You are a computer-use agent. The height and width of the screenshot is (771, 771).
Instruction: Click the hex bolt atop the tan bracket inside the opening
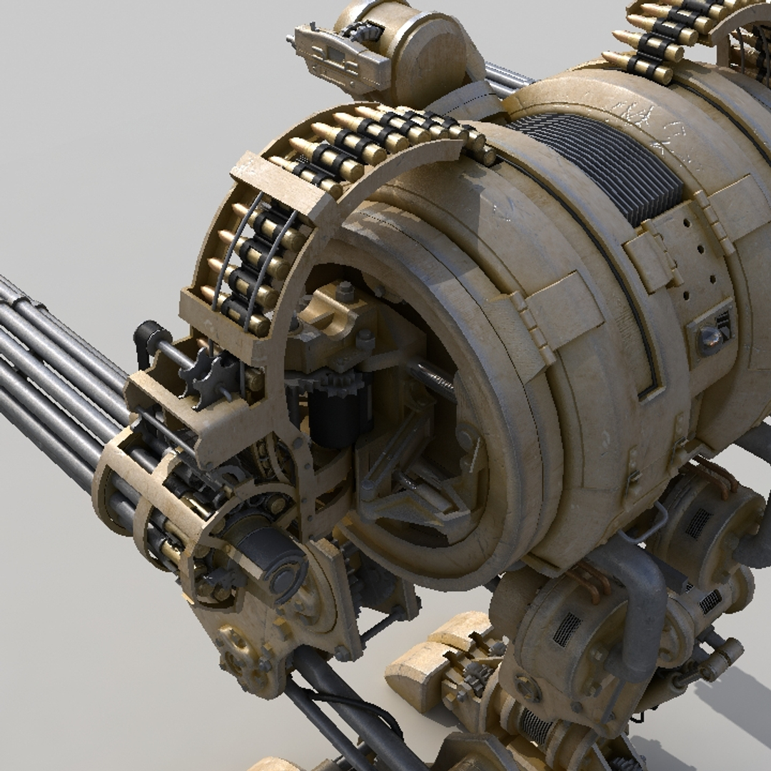click(346, 291)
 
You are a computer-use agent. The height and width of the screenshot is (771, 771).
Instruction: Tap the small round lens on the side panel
click(710, 340)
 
